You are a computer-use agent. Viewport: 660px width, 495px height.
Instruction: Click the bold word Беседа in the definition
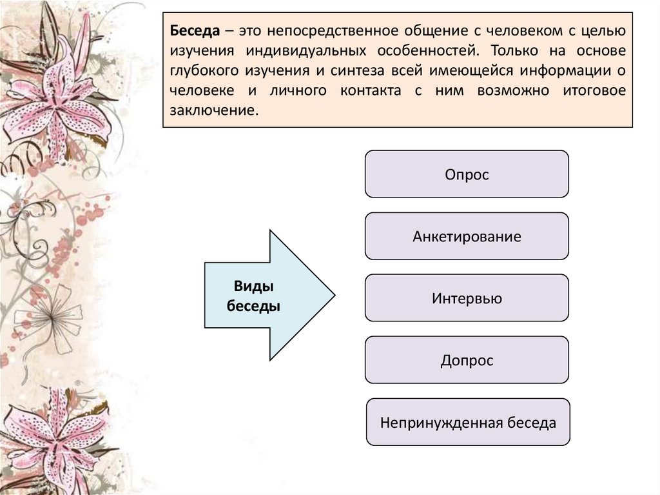[x=192, y=31]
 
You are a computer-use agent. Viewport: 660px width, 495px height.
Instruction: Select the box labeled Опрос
[x=467, y=174]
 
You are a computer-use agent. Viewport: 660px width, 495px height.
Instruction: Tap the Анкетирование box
[x=467, y=236]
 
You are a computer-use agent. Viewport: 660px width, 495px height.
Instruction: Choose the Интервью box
[x=467, y=298]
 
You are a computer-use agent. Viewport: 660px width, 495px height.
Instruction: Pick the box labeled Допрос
[x=467, y=360]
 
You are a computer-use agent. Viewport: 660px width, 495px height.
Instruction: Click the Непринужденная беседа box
[x=468, y=423]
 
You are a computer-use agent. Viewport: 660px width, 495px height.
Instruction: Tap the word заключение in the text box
[x=213, y=110]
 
